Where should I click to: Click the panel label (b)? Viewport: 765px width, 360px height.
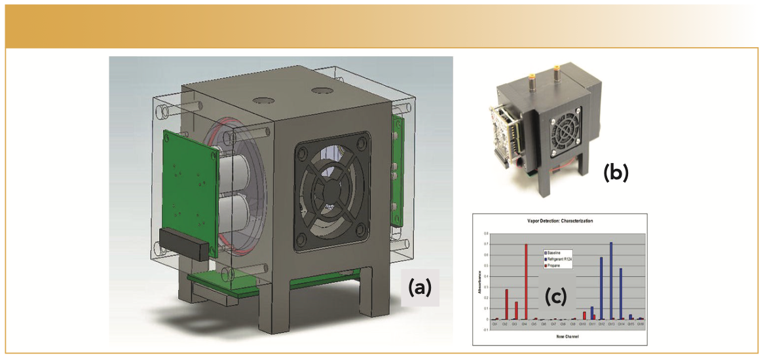point(615,172)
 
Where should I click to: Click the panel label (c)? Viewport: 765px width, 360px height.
point(558,297)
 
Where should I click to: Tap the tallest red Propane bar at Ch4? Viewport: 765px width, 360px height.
point(525,281)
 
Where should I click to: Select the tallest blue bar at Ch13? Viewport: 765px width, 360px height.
point(611,281)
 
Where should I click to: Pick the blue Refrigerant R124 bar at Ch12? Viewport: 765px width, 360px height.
point(601,288)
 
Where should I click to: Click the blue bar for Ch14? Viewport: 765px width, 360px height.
point(620,294)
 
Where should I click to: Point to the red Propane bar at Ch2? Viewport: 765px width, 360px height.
point(506,304)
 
